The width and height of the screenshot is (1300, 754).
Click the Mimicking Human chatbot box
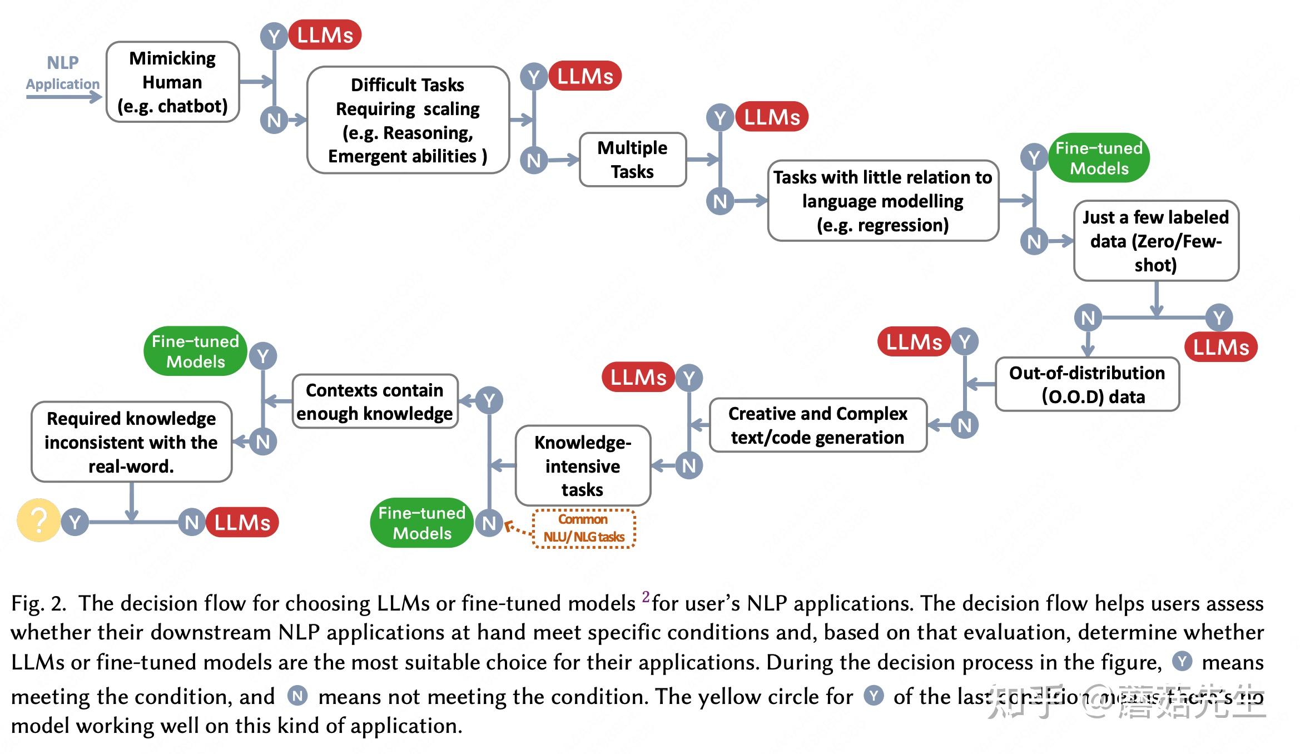tap(172, 82)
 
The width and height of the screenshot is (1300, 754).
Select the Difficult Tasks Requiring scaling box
tap(408, 120)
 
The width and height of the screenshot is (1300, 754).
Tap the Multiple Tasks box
tap(632, 160)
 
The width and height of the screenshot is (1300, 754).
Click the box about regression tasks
tap(882, 201)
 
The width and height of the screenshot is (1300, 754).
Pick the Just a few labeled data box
tap(1155, 241)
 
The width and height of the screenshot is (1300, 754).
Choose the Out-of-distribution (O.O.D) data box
tap(1086, 384)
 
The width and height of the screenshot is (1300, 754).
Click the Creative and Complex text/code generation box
tap(817, 425)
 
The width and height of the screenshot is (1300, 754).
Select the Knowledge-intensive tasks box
tap(582, 465)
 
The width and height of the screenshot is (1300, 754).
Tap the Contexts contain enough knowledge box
tap(375, 401)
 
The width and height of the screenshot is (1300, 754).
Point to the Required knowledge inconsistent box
tap(131, 442)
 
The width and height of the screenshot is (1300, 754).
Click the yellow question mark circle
tap(38, 520)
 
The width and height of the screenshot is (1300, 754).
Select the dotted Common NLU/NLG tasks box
tap(583, 528)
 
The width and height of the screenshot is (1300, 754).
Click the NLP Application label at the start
tap(62, 73)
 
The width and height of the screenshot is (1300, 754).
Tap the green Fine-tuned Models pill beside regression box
tap(1099, 158)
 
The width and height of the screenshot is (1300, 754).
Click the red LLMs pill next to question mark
tap(242, 522)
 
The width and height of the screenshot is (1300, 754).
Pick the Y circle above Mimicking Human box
tap(274, 37)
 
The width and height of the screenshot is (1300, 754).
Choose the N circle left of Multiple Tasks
tap(534, 161)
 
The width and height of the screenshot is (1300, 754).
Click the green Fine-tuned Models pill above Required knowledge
tap(195, 351)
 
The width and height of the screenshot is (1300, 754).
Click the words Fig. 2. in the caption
tap(38, 603)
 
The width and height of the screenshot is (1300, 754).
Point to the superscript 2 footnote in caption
tap(645, 597)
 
